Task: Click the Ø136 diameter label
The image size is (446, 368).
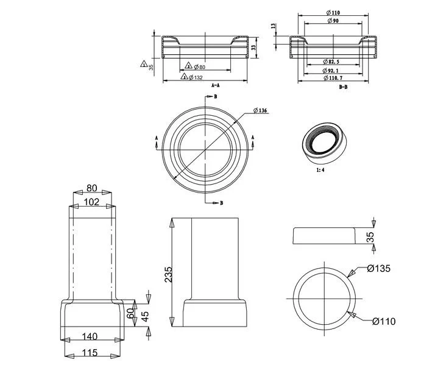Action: (260, 110)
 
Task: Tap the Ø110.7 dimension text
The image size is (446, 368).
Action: (333, 78)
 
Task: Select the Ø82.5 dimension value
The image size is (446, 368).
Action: (331, 62)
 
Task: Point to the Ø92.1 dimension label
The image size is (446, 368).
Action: (330, 70)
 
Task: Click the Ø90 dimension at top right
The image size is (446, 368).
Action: (333, 21)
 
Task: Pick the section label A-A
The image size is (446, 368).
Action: (216, 85)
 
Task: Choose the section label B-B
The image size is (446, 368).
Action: (343, 87)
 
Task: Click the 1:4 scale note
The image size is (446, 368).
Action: (320, 170)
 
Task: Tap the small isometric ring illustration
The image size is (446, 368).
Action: (324, 143)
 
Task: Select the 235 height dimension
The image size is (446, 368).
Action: (169, 274)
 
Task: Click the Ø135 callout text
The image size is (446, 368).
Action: (378, 268)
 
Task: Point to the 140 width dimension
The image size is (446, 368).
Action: (90, 337)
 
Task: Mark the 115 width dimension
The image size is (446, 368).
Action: (90, 353)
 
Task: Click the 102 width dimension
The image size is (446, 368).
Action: (91, 202)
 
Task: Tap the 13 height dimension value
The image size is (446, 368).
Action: (274, 26)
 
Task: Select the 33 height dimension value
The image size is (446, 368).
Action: (254, 48)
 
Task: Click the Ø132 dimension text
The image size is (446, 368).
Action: (196, 77)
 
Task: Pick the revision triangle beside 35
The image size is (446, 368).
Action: (144, 64)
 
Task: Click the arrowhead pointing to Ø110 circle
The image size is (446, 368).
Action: (352, 314)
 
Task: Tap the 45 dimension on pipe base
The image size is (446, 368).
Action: (145, 316)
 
